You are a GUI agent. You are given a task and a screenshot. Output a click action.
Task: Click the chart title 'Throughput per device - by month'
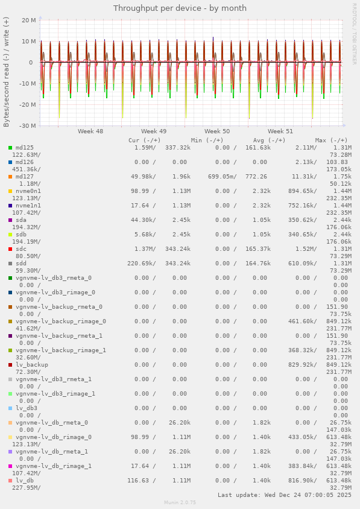click(180, 8)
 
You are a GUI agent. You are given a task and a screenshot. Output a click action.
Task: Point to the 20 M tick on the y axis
click(28, 20)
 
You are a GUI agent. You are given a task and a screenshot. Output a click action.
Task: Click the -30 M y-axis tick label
click(27, 125)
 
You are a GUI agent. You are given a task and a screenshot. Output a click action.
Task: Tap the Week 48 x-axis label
click(90, 131)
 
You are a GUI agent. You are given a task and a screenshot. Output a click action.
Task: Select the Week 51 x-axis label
click(280, 131)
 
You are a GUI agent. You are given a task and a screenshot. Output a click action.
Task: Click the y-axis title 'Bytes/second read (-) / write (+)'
click(6, 72)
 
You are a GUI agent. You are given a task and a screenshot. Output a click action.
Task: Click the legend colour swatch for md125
click(10, 148)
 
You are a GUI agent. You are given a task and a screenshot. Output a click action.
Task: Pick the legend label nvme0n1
click(28, 191)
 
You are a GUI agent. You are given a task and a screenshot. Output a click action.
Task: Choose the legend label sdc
click(21, 249)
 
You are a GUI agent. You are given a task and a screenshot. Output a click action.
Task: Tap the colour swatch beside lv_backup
click(10, 365)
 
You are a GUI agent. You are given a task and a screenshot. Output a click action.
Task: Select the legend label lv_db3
click(27, 408)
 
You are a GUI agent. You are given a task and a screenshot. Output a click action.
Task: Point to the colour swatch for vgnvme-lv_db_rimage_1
click(10, 466)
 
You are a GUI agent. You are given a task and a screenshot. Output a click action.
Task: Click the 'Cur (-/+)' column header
click(144, 140)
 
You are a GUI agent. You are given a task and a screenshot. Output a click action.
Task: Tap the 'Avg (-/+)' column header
click(269, 140)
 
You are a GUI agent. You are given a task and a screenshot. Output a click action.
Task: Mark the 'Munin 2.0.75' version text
click(180, 502)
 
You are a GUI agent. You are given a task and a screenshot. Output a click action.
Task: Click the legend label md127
click(25, 177)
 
